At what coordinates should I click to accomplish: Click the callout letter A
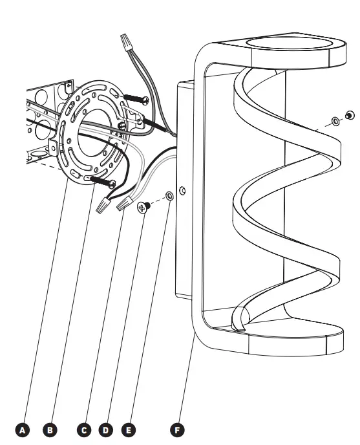tap(23, 428)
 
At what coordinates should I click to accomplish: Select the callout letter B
tap(49, 428)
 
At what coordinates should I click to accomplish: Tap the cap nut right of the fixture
tap(350, 116)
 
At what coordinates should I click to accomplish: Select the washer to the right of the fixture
tap(335, 121)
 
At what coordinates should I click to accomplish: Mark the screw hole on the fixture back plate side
tap(183, 191)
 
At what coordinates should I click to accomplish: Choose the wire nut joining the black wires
tap(101, 206)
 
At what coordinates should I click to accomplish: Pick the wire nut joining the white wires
tap(124, 205)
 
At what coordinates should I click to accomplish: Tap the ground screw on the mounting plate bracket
tap(123, 125)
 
